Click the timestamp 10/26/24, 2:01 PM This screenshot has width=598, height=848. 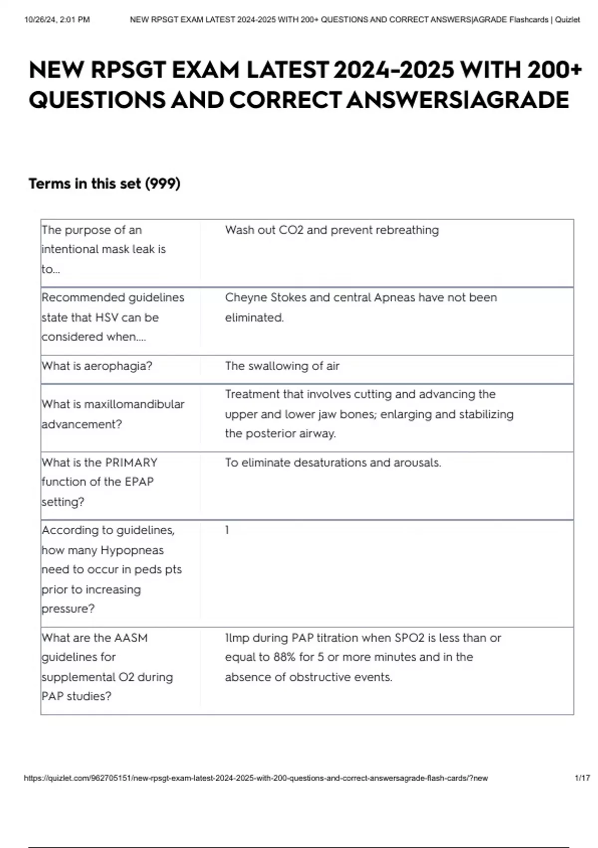(57, 20)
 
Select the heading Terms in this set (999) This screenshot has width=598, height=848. (104, 184)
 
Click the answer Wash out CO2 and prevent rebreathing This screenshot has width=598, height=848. (332, 230)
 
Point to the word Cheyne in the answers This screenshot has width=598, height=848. (246, 298)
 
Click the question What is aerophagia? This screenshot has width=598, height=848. (97, 366)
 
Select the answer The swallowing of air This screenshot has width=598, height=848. (282, 366)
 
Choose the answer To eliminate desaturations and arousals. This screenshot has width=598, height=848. (333, 463)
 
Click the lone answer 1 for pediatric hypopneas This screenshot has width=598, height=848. (227, 530)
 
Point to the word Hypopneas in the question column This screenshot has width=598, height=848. (132, 551)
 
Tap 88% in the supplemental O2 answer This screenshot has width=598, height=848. (285, 657)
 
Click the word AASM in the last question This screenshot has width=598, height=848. (131, 638)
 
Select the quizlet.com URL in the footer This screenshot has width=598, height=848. (256, 778)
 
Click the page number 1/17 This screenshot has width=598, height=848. (582, 778)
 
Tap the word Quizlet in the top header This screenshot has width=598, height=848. (567, 20)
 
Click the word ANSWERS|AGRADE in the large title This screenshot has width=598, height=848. (457, 100)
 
